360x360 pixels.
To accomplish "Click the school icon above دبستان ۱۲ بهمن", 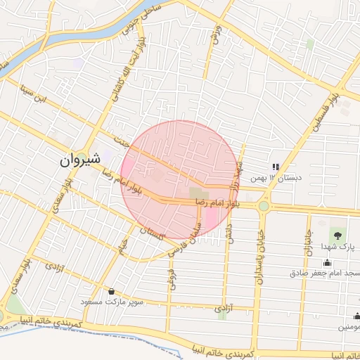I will point(276,167).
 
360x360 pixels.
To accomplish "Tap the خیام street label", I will point(122,247).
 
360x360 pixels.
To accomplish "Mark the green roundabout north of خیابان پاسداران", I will point(264,206).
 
